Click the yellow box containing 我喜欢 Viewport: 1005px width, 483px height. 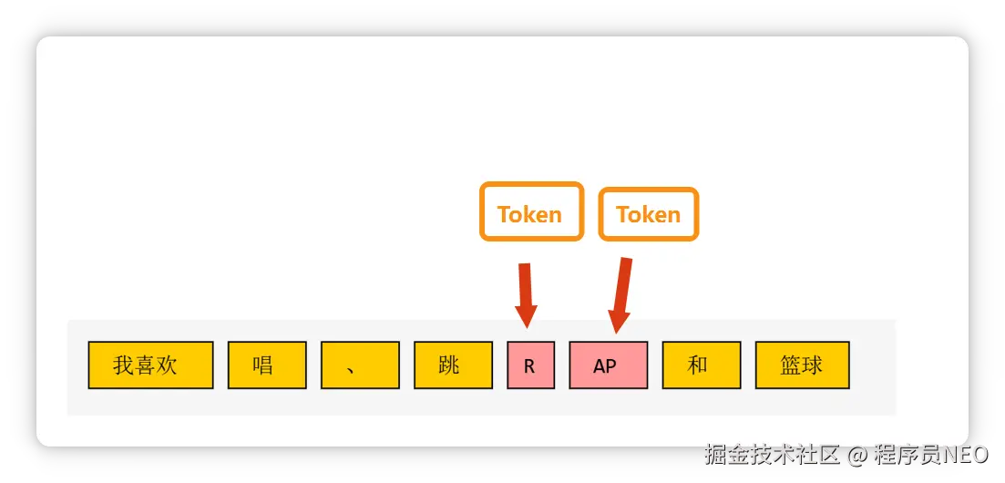(150, 365)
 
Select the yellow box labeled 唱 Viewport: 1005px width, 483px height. (267, 365)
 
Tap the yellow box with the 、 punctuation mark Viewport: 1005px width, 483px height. (360, 365)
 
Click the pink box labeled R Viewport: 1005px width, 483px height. (530, 365)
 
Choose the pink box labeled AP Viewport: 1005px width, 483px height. (608, 365)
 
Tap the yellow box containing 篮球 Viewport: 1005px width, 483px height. (802, 365)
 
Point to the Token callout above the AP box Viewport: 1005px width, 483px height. (648, 213)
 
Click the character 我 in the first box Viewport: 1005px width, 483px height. (124, 366)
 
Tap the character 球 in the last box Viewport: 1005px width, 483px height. (813, 366)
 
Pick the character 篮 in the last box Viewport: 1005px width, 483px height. (791, 366)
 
